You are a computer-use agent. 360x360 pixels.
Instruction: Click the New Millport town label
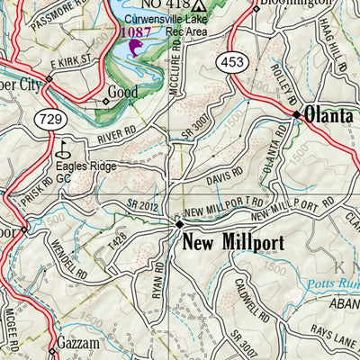coord(233,243)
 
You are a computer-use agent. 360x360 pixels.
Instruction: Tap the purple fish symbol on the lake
coord(136,46)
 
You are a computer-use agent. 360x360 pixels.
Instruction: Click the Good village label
coord(122,92)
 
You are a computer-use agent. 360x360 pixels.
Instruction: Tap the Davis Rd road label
coord(225,173)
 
